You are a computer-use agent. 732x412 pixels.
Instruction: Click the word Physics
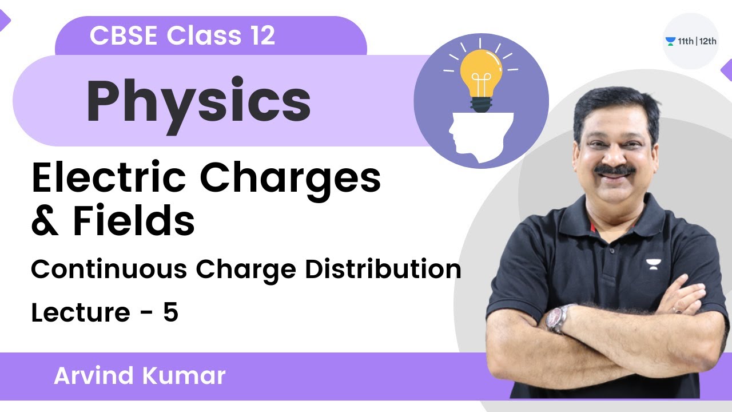(198, 102)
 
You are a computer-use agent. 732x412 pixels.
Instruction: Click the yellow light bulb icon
(480, 80)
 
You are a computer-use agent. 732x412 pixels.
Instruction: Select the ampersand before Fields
(45, 223)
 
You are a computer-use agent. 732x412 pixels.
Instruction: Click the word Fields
(134, 223)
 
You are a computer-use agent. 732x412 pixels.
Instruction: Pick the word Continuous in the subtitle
(109, 269)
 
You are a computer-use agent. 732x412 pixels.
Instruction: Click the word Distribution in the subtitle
(383, 269)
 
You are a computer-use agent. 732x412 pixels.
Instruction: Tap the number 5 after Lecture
(170, 313)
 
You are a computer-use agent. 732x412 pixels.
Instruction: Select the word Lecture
(80, 313)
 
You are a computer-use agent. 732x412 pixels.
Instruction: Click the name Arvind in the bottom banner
(91, 376)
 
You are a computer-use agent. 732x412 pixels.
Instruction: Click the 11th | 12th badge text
(695, 41)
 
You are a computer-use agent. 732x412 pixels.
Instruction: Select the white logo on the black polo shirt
(651, 264)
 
